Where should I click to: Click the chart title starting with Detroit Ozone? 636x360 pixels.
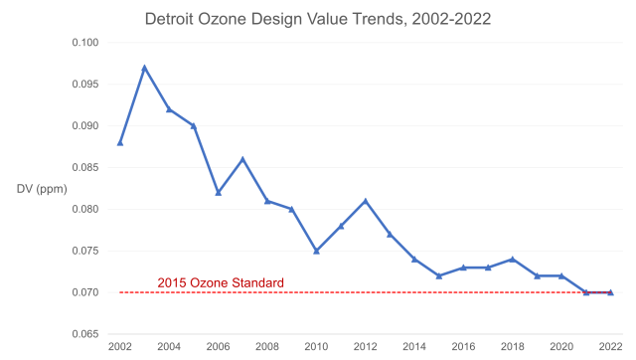click(318, 18)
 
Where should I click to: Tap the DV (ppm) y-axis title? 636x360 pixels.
click(42, 188)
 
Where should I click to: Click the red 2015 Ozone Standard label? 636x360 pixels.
click(221, 283)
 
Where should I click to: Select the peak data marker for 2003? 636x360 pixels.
click(144, 68)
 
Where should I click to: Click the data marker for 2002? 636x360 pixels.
click(119, 142)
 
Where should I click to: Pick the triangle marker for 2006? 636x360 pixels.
click(218, 193)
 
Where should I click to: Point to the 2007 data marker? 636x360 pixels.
click(242, 159)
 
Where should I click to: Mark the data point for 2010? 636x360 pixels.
click(316, 251)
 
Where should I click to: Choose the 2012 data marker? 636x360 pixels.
click(366, 201)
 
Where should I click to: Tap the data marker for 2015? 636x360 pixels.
click(439, 275)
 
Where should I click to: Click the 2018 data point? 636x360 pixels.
click(513, 259)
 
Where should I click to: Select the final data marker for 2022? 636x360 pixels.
click(610, 292)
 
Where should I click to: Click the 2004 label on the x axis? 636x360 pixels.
click(169, 347)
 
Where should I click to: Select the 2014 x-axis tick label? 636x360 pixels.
click(414, 347)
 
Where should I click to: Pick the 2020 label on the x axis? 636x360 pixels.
click(561, 347)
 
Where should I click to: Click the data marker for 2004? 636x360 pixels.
click(169, 109)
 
